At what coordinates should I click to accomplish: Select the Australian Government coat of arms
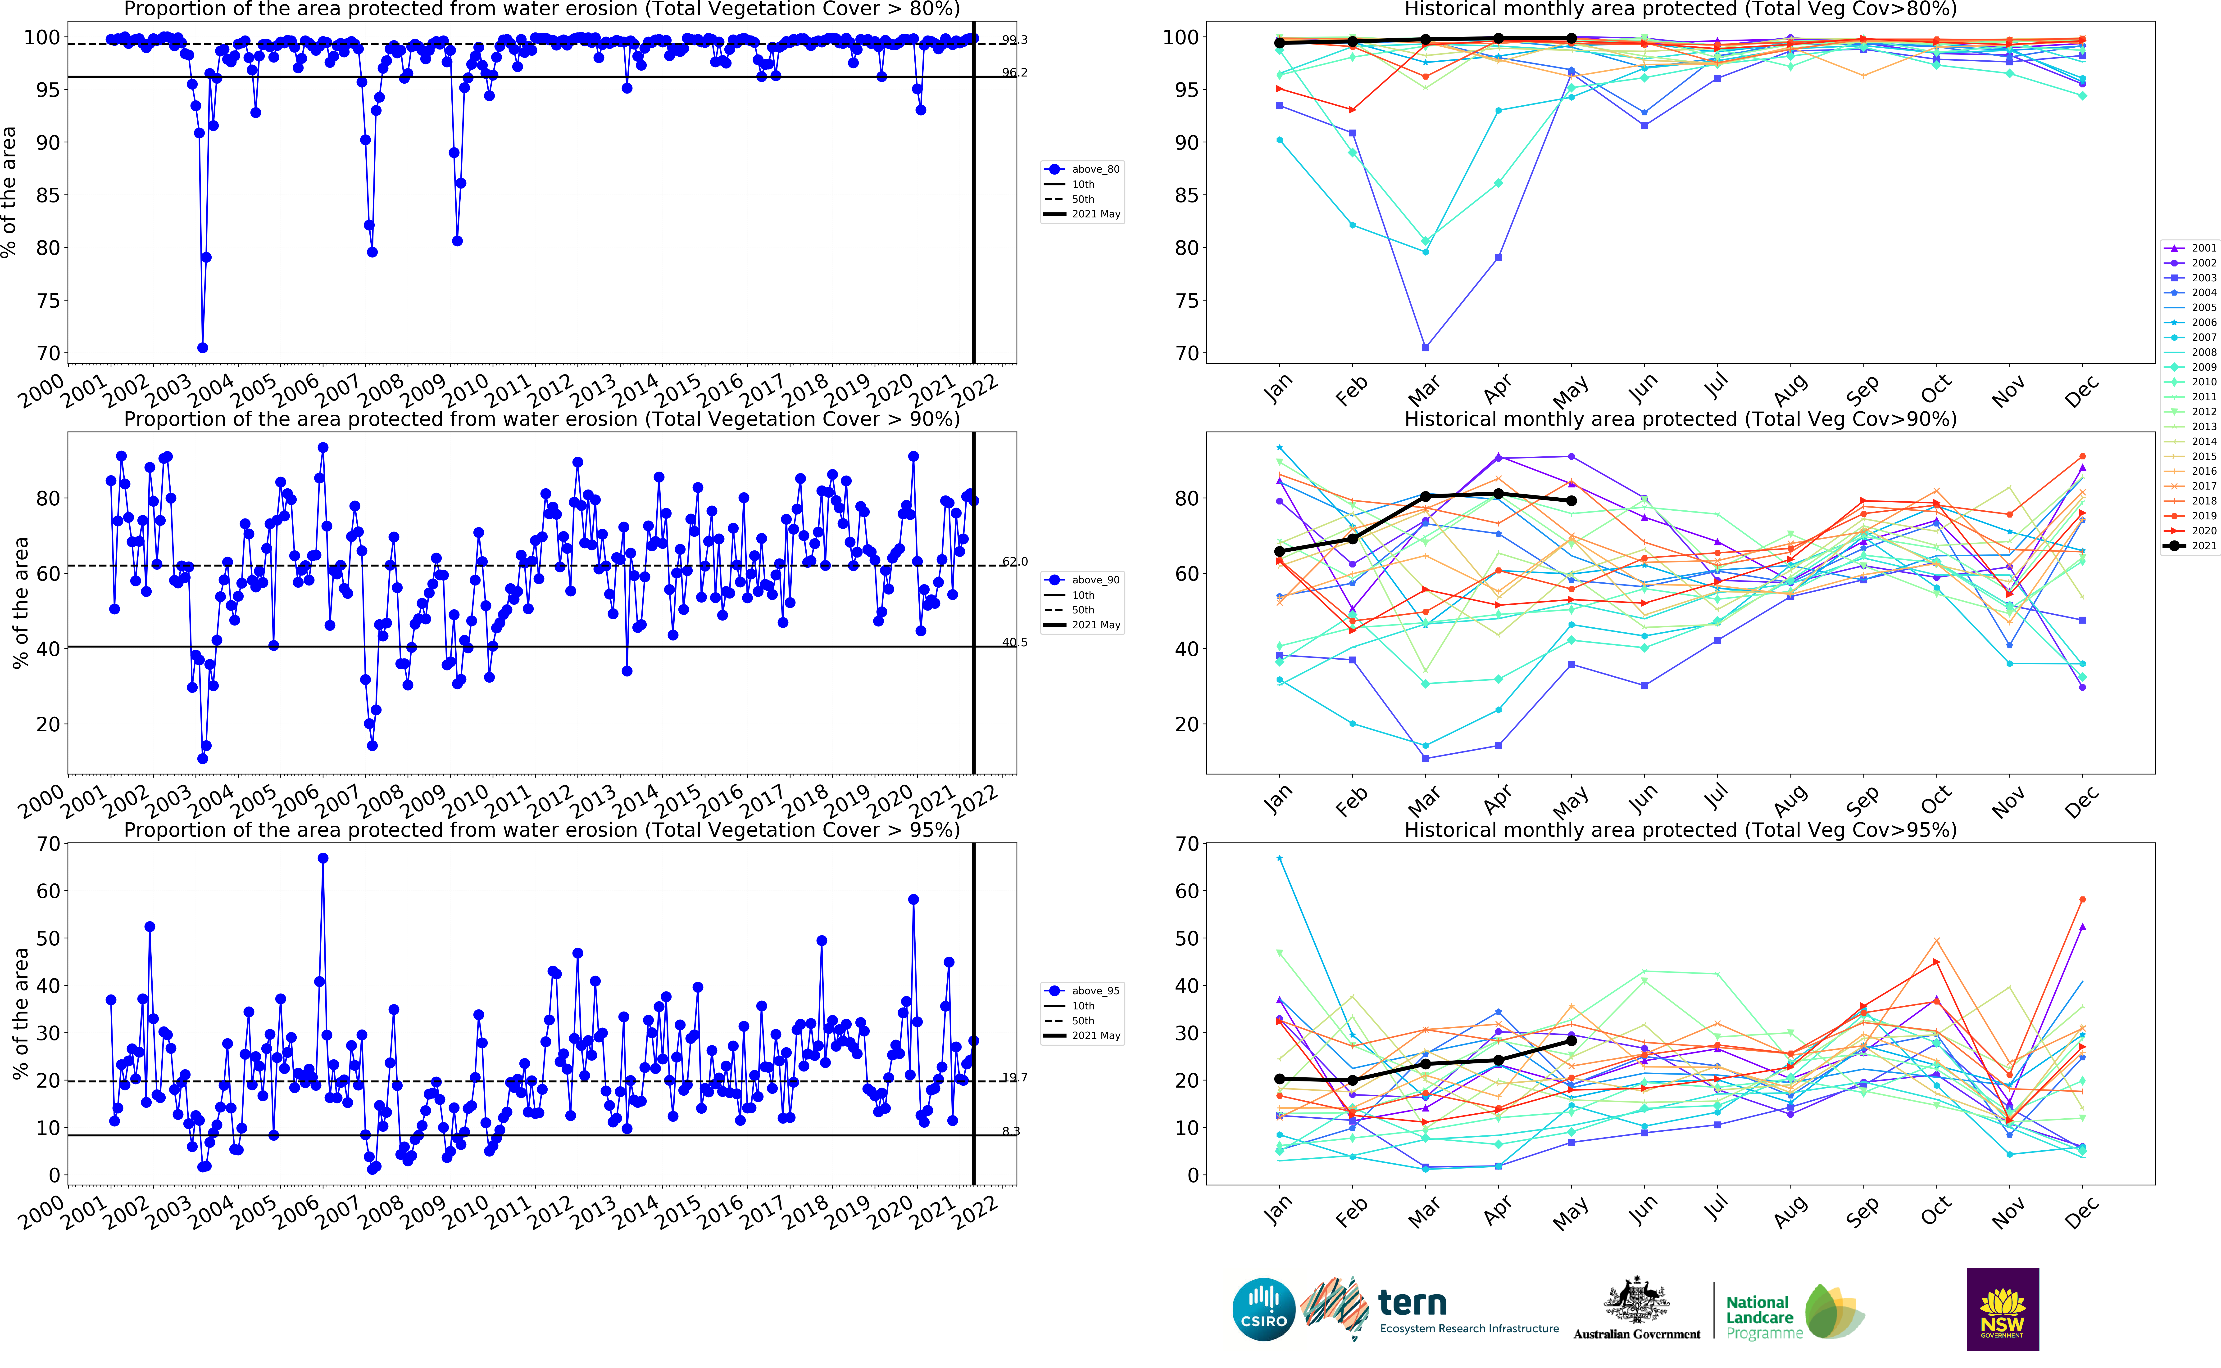pos(1636,1301)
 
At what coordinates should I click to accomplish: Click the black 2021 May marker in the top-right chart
pos(1571,39)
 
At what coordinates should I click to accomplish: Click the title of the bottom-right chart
pos(1680,830)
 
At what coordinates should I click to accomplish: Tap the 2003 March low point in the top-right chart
pos(1426,347)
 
